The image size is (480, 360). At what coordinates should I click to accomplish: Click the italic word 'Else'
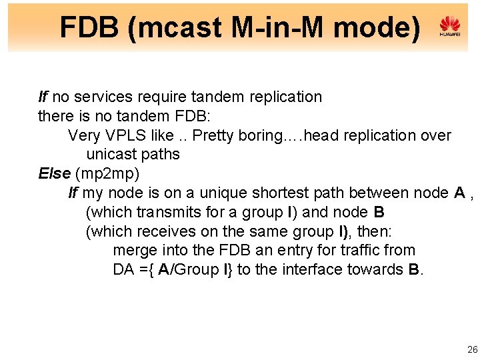(55, 174)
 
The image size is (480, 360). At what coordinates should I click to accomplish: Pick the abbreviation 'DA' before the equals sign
(124, 270)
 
